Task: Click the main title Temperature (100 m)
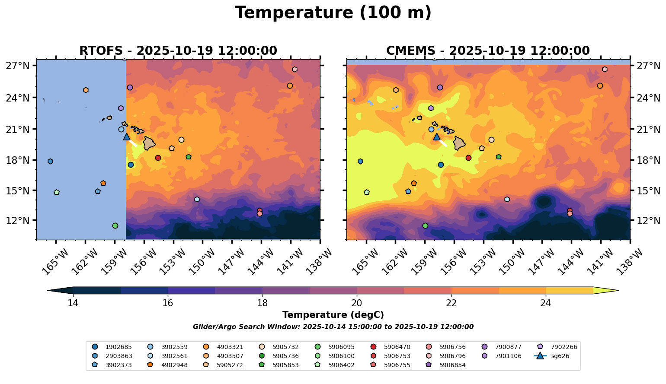coord(333,13)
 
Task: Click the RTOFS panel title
coord(178,51)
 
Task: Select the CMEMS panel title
coord(488,51)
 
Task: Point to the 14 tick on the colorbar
coord(73,303)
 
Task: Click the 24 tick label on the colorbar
coord(546,303)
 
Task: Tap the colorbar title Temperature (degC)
coord(333,315)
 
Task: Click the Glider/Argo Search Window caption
coord(333,327)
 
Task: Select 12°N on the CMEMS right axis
coord(647,221)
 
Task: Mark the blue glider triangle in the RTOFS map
coord(127,137)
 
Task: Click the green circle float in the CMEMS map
coord(425,225)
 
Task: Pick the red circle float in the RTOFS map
coord(158,158)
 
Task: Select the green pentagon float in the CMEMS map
coord(499,157)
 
